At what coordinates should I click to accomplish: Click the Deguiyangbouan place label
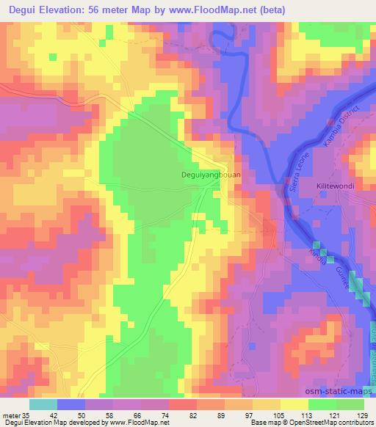tap(211, 175)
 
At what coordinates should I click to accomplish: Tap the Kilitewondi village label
tap(336, 186)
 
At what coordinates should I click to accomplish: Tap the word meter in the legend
tap(11, 416)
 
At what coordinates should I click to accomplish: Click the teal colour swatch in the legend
tap(43, 404)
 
